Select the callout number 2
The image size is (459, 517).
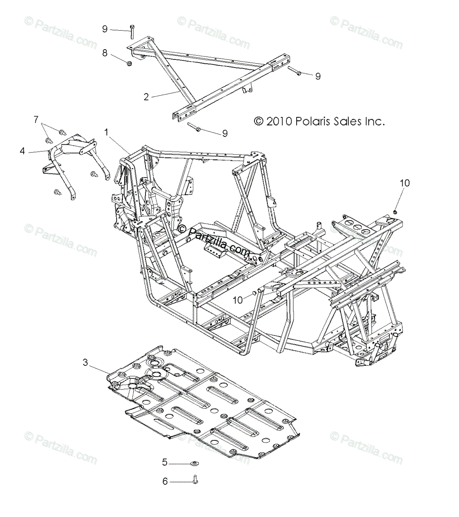pyautogui.click(x=146, y=97)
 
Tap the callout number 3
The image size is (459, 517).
pyautogui.click(x=85, y=363)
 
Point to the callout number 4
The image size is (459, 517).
pyautogui.click(x=22, y=151)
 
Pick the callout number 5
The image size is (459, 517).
pyautogui.click(x=164, y=463)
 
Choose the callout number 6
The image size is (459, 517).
pyautogui.click(x=165, y=481)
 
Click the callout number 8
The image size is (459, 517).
pyautogui.click(x=105, y=53)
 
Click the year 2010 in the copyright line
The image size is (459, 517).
pyautogui.click(x=279, y=121)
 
